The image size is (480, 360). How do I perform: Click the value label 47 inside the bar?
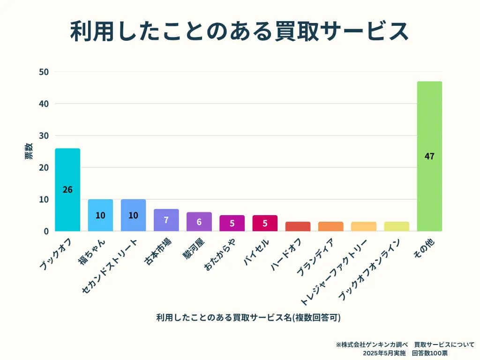point(429,157)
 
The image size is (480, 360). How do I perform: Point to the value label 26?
point(67,190)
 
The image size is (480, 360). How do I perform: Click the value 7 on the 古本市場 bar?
point(166,220)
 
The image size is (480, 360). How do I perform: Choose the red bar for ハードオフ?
point(298,226)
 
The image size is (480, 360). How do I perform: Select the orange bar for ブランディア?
point(330,226)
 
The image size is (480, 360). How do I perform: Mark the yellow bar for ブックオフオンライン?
point(397,226)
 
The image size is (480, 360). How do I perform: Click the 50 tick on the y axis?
point(45,72)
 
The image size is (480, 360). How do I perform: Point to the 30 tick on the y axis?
point(45,136)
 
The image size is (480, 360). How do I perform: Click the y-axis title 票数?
point(29,151)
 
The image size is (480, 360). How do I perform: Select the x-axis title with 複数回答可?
point(248,317)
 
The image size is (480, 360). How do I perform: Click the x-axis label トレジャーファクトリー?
point(334,272)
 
